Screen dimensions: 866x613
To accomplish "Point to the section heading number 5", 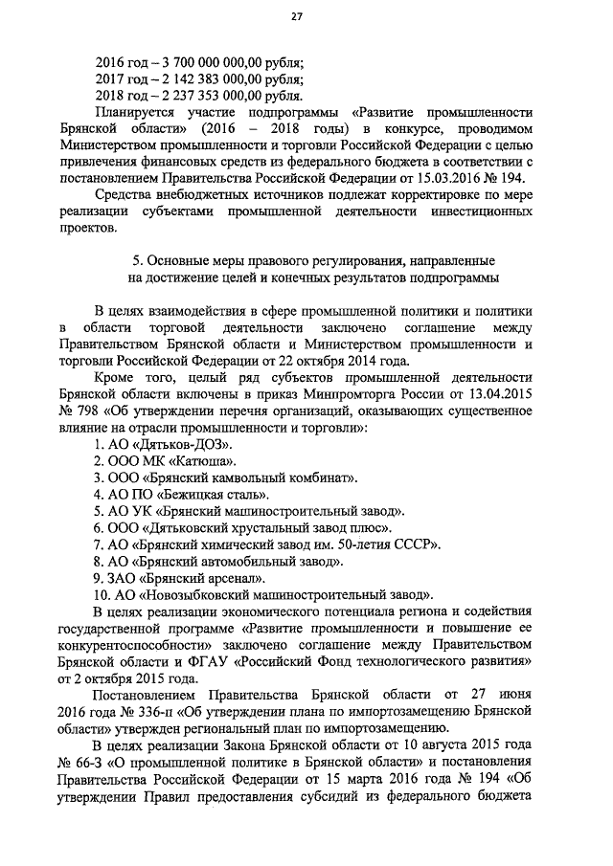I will tap(132, 260).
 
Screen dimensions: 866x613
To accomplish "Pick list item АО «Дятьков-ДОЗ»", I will tap(163, 447).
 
